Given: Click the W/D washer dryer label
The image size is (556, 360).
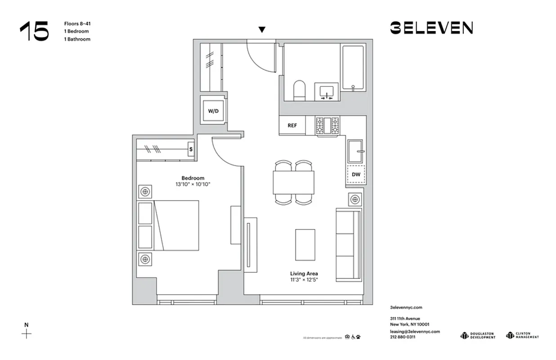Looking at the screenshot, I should [x=213, y=111].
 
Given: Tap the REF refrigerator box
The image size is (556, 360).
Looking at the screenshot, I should [x=292, y=126].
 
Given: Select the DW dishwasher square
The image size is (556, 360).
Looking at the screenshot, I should [x=355, y=174].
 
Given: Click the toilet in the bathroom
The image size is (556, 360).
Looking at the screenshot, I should [x=299, y=90].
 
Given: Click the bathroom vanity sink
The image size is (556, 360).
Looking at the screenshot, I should [x=327, y=92].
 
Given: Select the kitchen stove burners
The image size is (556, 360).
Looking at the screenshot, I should [x=327, y=126].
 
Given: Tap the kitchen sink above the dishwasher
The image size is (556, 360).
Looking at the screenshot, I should [x=355, y=151].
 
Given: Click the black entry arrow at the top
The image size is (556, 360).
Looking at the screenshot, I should [x=262, y=30].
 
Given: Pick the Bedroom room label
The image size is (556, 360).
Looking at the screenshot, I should [x=193, y=178].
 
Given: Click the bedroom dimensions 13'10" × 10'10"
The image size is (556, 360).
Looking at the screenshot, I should [x=193, y=184].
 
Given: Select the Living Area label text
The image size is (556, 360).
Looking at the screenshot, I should [x=304, y=273].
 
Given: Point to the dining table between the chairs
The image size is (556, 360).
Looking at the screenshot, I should [x=294, y=183].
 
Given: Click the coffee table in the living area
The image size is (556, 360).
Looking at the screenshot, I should [x=305, y=244].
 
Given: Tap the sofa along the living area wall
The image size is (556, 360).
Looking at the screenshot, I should [x=349, y=245].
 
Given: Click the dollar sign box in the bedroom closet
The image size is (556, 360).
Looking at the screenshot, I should [x=191, y=149].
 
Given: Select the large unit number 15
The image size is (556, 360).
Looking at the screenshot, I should [x=34, y=31].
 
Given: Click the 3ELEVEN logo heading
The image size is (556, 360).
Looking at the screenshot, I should [x=431, y=28].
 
